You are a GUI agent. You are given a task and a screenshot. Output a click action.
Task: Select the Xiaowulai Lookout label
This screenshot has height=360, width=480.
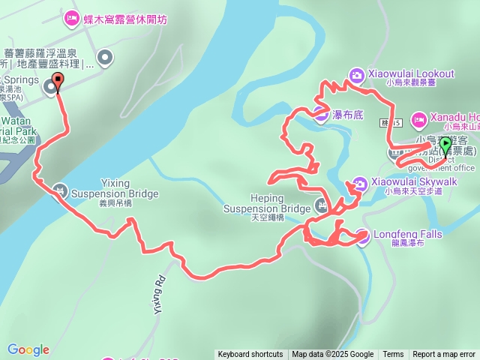(411, 73)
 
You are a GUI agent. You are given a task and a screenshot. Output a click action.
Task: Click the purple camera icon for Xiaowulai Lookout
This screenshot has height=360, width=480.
(356, 74)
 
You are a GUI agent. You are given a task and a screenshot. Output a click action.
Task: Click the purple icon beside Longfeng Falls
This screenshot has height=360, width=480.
(362, 235)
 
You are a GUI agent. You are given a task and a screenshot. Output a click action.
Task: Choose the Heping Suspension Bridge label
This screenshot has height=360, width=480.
(266, 203)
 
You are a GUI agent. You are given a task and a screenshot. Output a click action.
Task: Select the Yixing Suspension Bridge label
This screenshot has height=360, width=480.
(115, 189)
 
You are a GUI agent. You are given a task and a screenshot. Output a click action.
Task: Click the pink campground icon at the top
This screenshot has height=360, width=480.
(72, 16)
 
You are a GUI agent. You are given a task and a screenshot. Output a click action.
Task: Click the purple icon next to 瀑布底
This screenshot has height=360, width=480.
(321, 115)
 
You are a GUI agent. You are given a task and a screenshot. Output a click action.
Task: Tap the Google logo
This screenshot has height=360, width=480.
(28, 349)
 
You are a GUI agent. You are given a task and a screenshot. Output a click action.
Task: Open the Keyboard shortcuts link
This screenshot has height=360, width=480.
(250, 355)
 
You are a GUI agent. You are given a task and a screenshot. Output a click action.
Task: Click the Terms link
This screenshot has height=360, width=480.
(393, 355)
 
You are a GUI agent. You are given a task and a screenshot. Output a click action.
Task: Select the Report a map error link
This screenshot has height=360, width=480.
(444, 355)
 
